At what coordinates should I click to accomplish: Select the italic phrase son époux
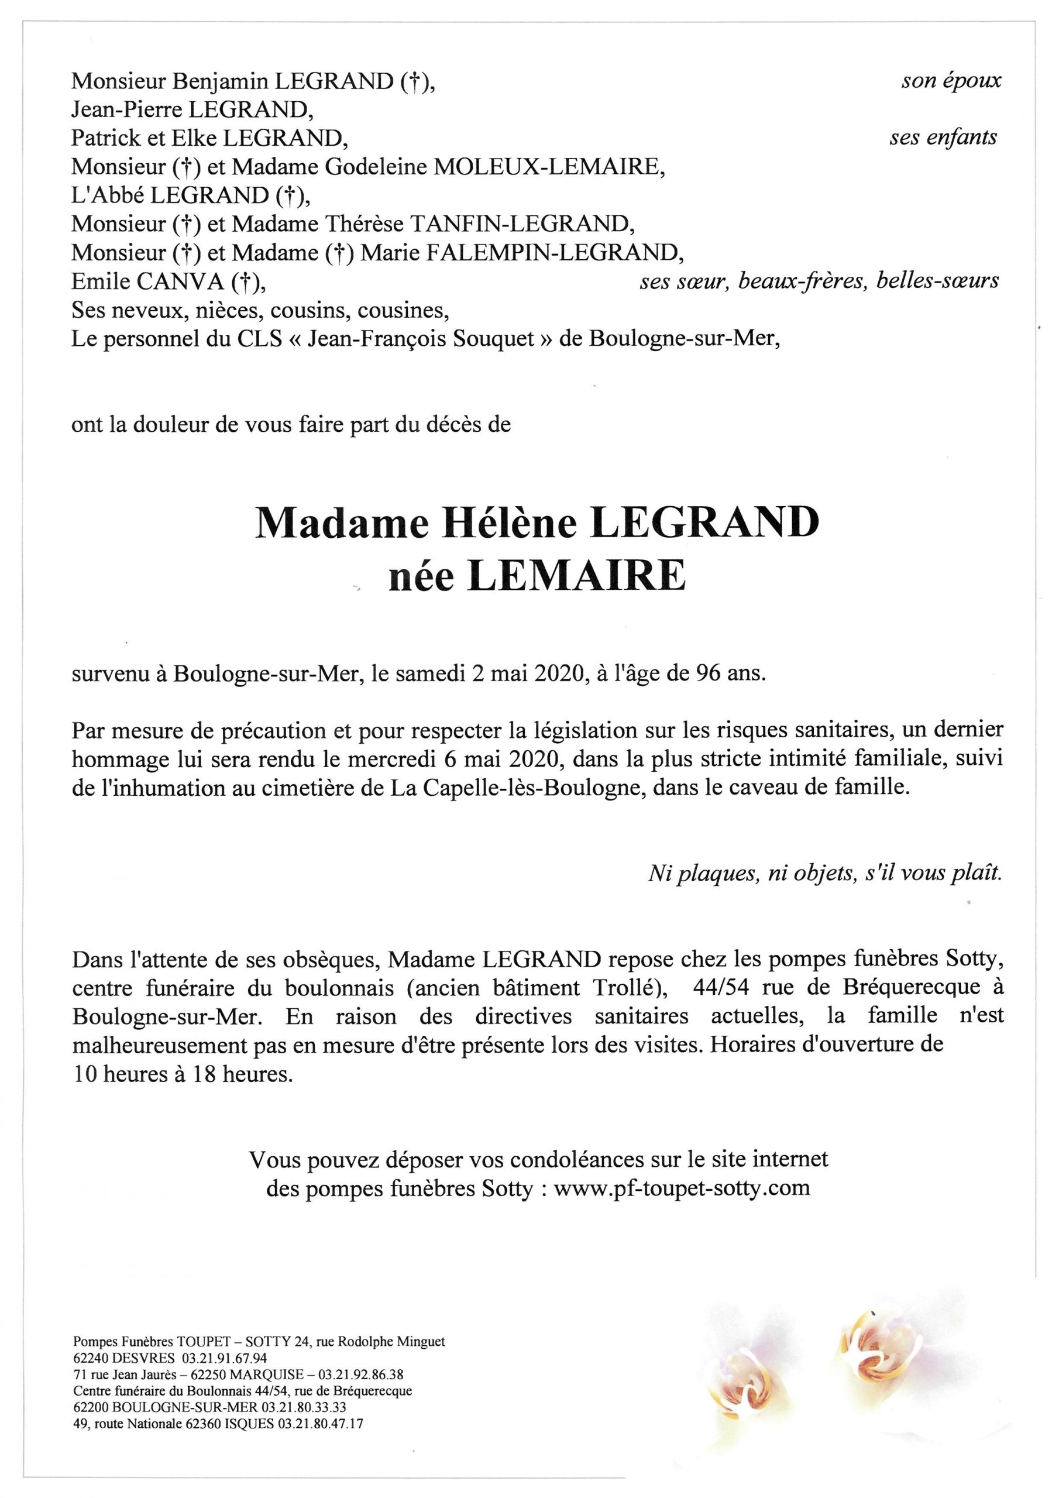click(x=951, y=81)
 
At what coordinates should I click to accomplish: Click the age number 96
click(x=692, y=673)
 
